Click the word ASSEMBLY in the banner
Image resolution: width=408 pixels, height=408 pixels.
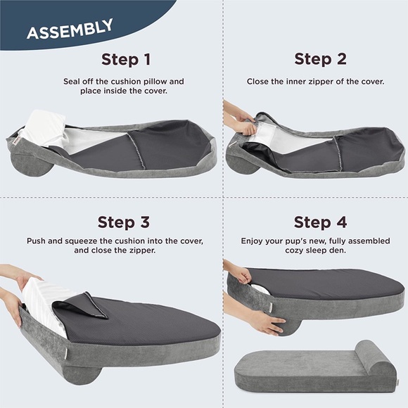point(69,30)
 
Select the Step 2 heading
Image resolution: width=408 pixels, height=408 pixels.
point(320,59)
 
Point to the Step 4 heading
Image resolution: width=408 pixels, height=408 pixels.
point(320,223)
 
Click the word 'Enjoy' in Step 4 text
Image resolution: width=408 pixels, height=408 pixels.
point(254,241)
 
